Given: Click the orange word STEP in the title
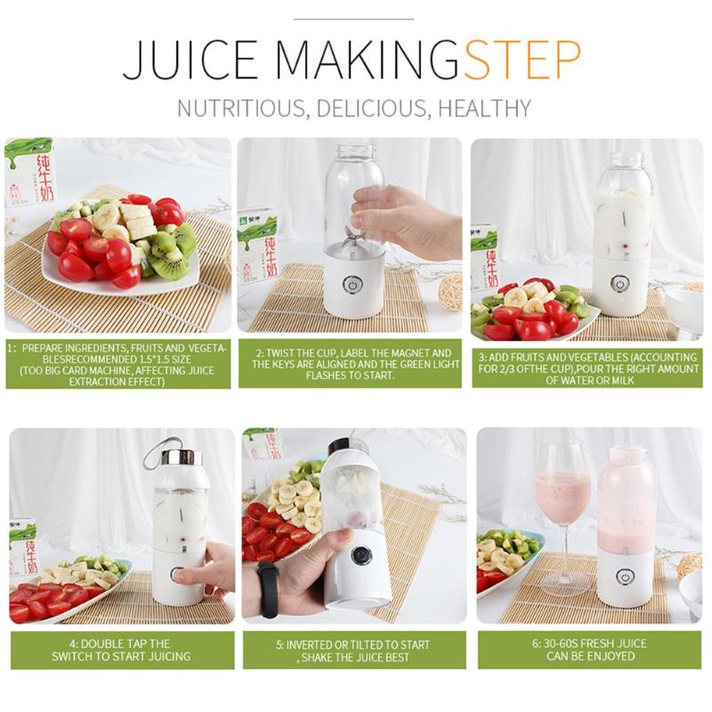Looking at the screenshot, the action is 523,60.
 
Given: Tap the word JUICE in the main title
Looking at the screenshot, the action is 190,61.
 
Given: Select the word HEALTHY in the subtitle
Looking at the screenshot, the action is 484,108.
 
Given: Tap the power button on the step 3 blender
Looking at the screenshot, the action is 619,283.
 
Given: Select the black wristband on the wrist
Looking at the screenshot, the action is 268,589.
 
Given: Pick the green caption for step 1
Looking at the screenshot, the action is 118,364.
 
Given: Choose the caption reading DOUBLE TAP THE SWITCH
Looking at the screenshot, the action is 123,650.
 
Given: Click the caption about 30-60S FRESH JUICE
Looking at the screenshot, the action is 590,650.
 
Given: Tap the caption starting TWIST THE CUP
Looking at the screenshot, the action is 351,364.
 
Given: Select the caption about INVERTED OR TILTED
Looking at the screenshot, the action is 354,650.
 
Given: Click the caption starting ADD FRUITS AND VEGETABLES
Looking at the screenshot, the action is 587,368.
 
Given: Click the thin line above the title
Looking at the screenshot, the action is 353,19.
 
